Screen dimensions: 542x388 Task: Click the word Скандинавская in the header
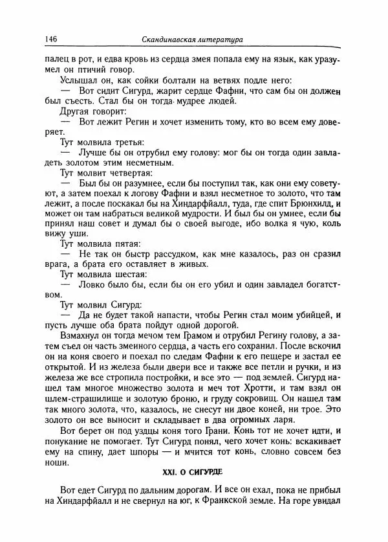[x=171, y=40]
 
